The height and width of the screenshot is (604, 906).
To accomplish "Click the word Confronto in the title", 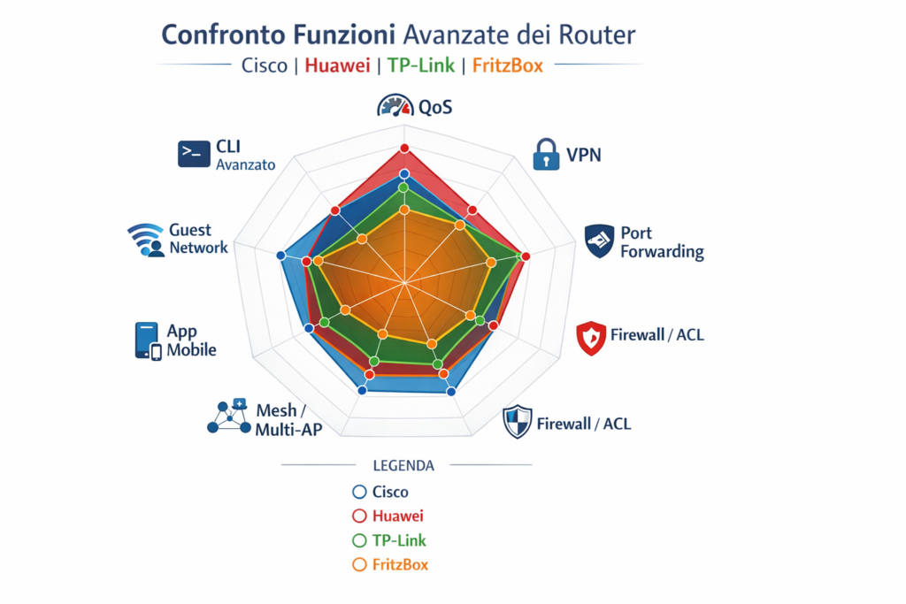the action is pyautogui.click(x=223, y=34).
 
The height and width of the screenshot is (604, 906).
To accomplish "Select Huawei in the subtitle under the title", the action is pyautogui.click(x=337, y=65).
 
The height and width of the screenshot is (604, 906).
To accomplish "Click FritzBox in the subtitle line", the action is pyautogui.click(x=507, y=65).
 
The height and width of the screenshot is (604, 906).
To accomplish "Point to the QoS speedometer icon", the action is pyautogui.click(x=395, y=105).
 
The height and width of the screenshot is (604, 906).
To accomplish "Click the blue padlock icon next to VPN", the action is pyautogui.click(x=546, y=154).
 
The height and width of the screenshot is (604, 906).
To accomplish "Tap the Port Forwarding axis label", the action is pyautogui.click(x=662, y=242).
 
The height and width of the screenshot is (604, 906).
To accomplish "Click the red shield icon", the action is pyautogui.click(x=591, y=338).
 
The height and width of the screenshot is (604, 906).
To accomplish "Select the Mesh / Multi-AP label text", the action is pyautogui.click(x=288, y=420).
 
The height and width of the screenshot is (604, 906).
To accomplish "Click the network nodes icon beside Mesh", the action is pyautogui.click(x=229, y=416).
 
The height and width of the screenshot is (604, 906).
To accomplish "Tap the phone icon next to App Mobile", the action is pyautogui.click(x=148, y=341).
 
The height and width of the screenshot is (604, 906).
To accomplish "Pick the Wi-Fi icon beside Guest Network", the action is pyautogui.click(x=146, y=240).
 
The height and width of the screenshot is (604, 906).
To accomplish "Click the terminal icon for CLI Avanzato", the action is pyautogui.click(x=194, y=154).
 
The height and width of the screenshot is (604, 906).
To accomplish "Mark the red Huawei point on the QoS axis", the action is pyautogui.click(x=404, y=149).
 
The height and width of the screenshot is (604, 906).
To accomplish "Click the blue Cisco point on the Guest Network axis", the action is pyautogui.click(x=280, y=256).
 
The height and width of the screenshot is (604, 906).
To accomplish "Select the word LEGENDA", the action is pyautogui.click(x=403, y=465).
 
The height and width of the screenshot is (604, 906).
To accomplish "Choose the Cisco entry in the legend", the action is pyautogui.click(x=380, y=492).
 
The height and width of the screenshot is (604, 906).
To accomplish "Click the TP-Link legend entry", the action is pyautogui.click(x=389, y=540).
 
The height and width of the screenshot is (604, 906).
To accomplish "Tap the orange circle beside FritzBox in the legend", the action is pyautogui.click(x=359, y=565).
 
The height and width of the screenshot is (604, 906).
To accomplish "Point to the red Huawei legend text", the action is pyautogui.click(x=397, y=516).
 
